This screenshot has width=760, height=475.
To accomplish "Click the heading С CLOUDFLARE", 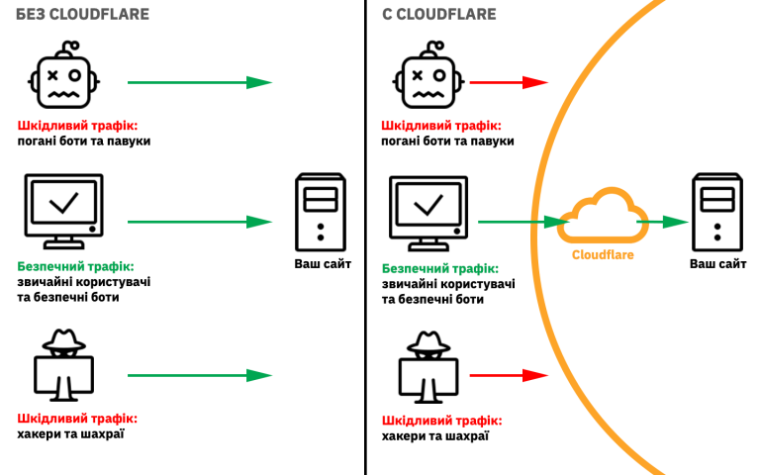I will pyautogui.click(x=439, y=14).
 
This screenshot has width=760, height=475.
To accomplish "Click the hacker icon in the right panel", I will pyautogui.click(x=427, y=367).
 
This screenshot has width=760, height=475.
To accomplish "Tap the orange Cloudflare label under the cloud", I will pyautogui.click(x=603, y=254).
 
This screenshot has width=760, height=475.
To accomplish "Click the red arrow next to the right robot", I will pyautogui.click(x=508, y=83).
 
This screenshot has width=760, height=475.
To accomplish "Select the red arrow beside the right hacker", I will pyautogui.click(x=508, y=375).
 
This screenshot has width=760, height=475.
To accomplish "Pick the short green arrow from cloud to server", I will pyautogui.click(x=662, y=222).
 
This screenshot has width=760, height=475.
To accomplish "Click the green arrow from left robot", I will pyautogui.click(x=199, y=83).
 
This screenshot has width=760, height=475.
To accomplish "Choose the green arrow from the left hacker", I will pyautogui.click(x=199, y=375).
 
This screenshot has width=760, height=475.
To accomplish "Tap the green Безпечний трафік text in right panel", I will pyautogui.click(x=439, y=268).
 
